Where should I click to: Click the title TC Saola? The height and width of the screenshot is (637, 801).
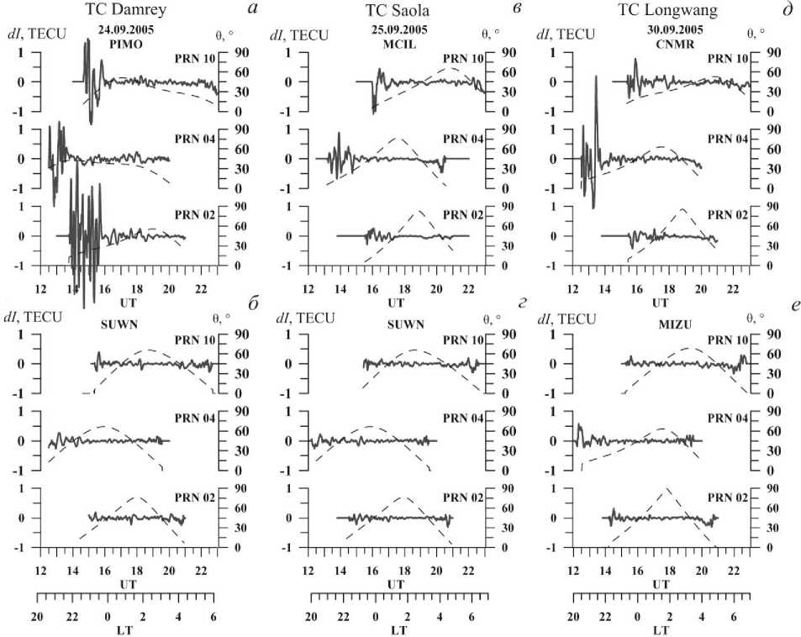coord(397,11)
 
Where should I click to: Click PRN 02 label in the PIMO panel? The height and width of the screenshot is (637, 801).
coord(197,215)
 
